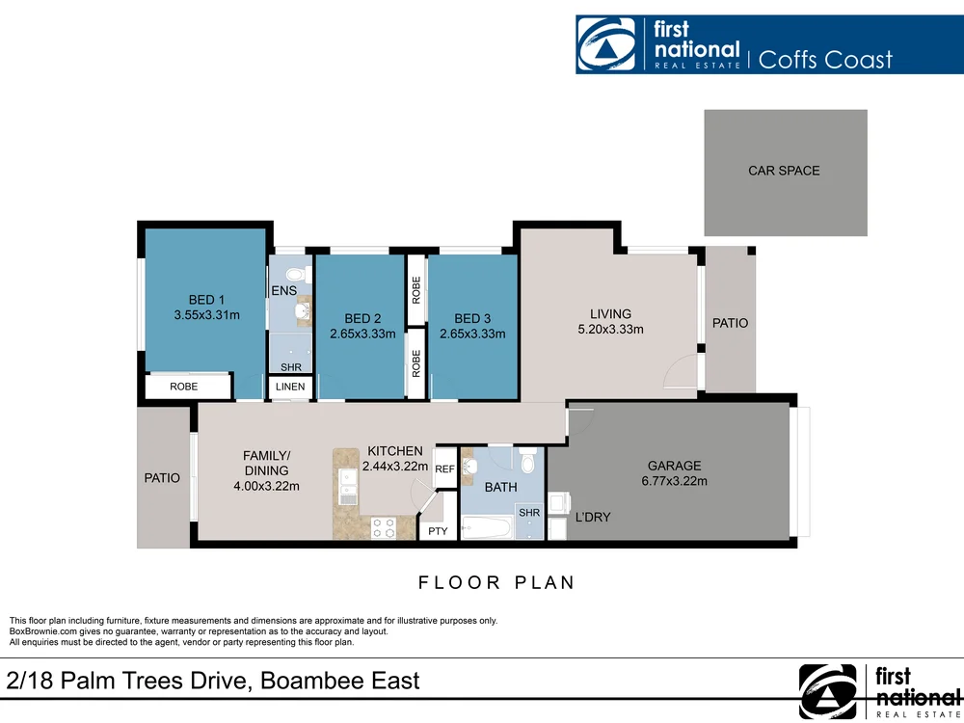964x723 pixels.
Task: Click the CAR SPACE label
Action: [784, 171]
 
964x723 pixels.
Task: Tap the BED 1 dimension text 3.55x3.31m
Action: [206, 315]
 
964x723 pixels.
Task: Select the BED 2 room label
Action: [363, 319]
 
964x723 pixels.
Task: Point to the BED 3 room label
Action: [472, 319]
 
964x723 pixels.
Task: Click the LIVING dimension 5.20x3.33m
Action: [610, 329]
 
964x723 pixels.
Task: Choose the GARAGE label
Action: [674, 465]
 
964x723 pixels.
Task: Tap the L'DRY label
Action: [592, 518]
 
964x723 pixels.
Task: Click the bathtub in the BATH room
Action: [488, 527]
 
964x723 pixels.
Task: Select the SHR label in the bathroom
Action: [529, 513]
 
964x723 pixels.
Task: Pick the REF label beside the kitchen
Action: [444, 469]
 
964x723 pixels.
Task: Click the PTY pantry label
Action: [438, 531]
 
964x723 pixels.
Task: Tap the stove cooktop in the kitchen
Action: [384, 527]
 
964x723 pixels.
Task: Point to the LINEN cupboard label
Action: [290, 388]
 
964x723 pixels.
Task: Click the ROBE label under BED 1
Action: [183, 387]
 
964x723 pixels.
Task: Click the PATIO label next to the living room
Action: [730, 323]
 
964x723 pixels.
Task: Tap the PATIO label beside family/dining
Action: [162, 477]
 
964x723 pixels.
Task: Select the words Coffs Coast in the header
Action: [825, 59]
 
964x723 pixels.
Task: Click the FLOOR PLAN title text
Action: [495, 582]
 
